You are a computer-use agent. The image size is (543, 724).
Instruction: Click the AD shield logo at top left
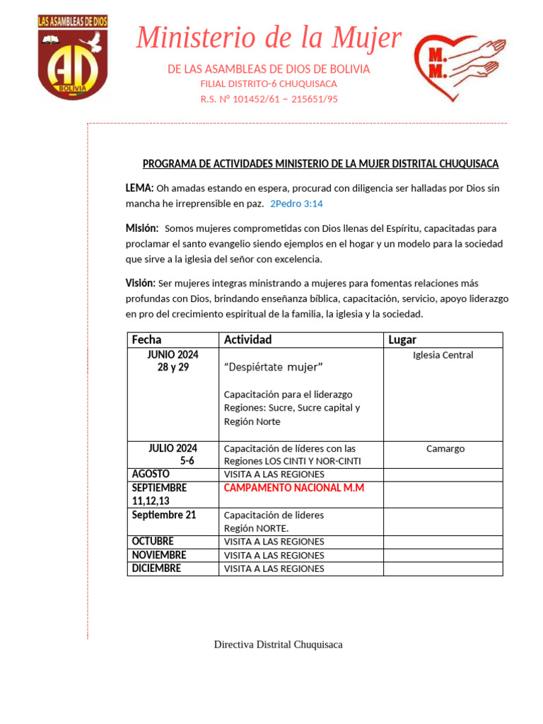click(x=72, y=57)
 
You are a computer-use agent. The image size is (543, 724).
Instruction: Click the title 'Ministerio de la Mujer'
click(x=269, y=37)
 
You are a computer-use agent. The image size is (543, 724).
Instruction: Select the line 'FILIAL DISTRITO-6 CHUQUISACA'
click(x=269, y=84)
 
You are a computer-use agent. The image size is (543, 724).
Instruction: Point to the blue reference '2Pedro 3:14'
click(x=296, y=204)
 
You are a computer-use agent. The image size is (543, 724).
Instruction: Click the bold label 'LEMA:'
click(x=139, y=188)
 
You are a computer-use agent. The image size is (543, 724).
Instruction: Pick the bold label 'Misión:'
click(x=142, y=228)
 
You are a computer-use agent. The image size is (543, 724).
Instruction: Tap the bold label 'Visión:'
click(x=140, y=283)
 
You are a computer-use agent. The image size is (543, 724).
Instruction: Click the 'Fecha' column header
click(x=146, y=340)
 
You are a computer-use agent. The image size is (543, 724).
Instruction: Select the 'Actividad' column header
click(x=247, y=340)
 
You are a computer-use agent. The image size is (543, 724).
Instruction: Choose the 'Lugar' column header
click(x=402, y=340)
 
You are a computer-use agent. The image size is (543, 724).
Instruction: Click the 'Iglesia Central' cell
click(x=443, y=355)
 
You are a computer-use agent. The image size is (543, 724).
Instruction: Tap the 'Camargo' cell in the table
click(x=445, y=448)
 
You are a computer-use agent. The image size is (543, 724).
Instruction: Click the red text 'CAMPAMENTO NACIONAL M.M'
click(x=293, y=488)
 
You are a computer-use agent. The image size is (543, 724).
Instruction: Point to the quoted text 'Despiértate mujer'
click(x=273, y=367)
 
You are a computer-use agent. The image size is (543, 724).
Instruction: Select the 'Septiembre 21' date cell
click(x=164, y=515)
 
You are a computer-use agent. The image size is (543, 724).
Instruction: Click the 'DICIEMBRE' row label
click(x=156, y=568)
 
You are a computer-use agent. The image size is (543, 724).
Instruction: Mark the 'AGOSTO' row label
click(x=151, y=474)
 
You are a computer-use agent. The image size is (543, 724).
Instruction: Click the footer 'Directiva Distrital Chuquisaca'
click(x=279, y=644)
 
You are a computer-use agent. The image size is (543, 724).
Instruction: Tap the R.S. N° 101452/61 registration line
click(x=269, y=99)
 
